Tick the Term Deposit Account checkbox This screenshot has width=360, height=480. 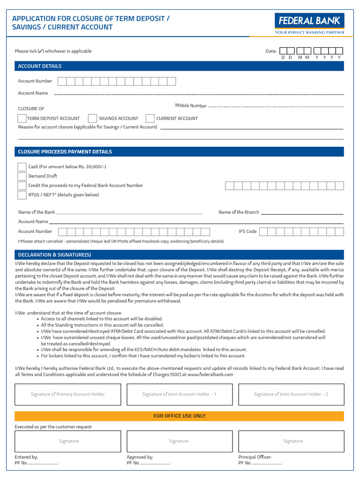coord(22,119)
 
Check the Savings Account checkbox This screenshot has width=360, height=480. coord(92,119)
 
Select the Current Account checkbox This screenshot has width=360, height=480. coord(150,119)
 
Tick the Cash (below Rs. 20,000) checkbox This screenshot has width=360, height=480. coord(22,167)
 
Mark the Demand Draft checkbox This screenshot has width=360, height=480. coord(22,176)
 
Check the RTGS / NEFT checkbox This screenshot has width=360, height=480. coord(22,195)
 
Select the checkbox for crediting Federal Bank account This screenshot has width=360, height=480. coord(22,186)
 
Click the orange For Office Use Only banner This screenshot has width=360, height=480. coord(180,416)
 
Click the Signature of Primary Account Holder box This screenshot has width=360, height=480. coord(68,394)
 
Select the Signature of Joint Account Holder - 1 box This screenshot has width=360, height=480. coord(180,394)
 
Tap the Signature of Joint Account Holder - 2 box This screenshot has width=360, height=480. coord(291,394)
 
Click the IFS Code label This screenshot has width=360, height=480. coord(247,232)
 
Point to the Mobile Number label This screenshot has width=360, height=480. coord(191,106)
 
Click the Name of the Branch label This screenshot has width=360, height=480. coord(239,212)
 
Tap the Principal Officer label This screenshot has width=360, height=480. coord(255,457)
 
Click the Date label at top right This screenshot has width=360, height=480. coord(271,51)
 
